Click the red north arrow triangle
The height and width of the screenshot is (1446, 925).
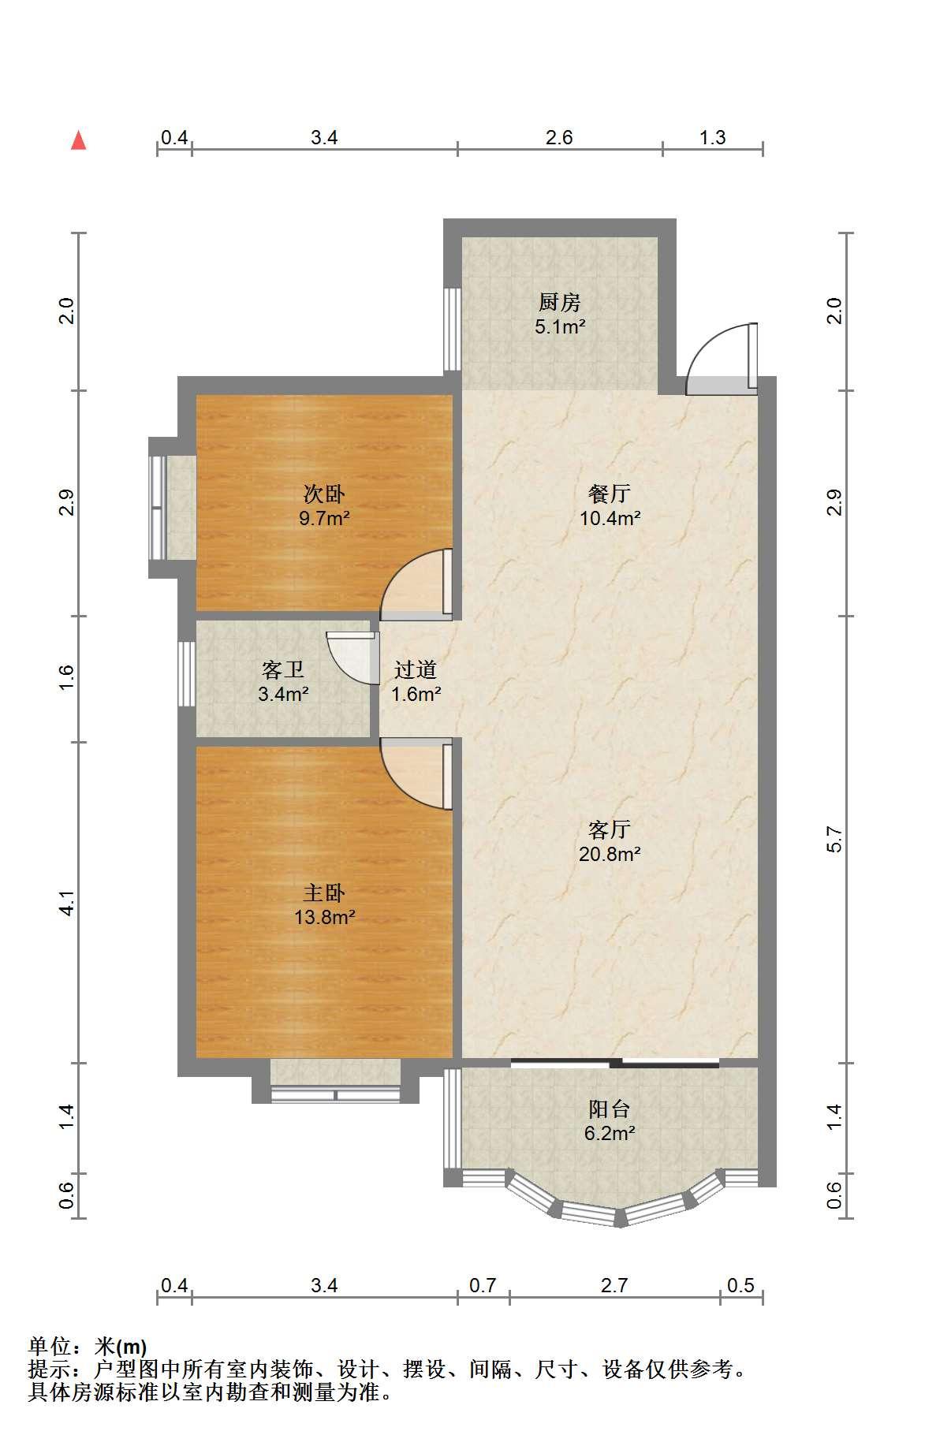[78, 140]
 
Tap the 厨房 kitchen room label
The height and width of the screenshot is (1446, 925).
[560, 302]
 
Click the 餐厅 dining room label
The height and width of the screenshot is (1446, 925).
[610, 494]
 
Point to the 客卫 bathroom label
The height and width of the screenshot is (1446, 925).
[283, 670]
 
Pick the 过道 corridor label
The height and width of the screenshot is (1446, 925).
[416, 670]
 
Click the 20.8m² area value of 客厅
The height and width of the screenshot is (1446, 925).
[610, 854]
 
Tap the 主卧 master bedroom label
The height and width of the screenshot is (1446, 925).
[324, 893]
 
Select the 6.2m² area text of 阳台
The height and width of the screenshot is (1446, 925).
[610, 1134]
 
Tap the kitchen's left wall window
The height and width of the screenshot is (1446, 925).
[452, 329]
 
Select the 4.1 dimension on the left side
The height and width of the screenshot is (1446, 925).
[67, 903]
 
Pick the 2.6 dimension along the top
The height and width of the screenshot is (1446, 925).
[559, 137]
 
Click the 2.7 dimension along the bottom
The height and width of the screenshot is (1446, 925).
[614, 1285]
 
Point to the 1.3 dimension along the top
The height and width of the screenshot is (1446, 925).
[712, 137]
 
